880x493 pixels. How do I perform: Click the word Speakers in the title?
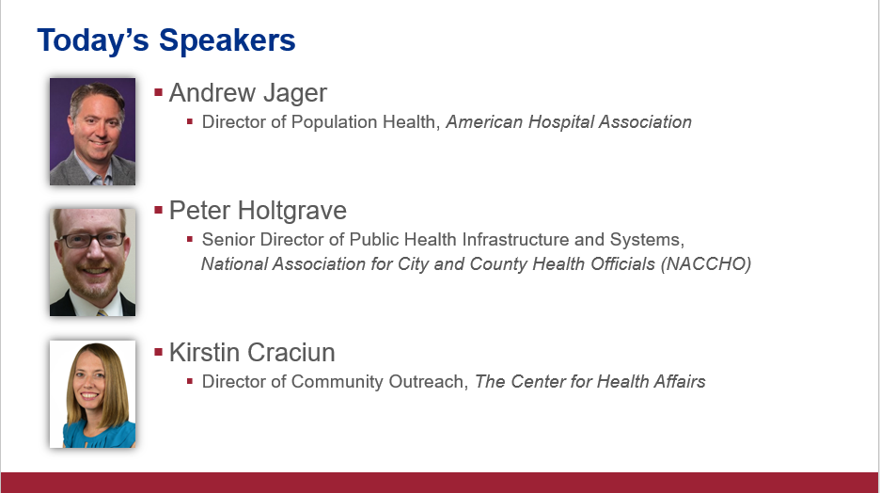[227, 41]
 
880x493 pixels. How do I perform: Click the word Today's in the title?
[93, 40]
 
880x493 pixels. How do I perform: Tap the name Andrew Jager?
[247, 93]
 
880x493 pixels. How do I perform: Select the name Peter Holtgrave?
[258, 211]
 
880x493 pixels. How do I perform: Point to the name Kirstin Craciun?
[252, 353]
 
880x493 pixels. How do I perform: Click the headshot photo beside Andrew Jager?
[92, 132]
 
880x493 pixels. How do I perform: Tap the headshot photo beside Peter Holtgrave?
[92, 262]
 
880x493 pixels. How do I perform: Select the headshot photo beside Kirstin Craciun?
[92, 393]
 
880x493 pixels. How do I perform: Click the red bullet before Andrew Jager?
[158, 92]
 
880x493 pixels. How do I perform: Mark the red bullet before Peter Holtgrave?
[158, 210]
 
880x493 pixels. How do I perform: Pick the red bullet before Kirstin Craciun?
[158, 352]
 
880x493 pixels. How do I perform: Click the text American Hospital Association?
[569, 122]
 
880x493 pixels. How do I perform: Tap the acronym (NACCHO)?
[706, 264]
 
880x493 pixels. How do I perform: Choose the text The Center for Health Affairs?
[590, 382]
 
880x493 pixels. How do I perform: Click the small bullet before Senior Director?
[190, 239]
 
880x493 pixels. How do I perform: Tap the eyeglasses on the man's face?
[92, 240]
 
